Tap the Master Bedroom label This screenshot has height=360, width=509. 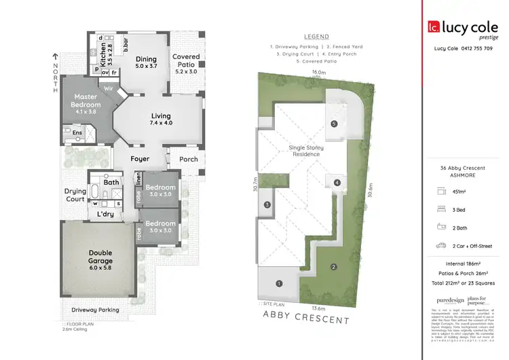87,101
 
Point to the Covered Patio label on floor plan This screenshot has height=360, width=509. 185,61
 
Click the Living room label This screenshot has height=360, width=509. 160,116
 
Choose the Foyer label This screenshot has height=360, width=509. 140,159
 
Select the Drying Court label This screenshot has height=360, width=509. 75,196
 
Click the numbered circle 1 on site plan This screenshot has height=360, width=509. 278,283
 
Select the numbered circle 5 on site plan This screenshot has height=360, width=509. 334,124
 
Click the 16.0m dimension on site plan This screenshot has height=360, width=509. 318,71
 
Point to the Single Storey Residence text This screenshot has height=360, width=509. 306,151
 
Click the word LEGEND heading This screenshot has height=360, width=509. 316,36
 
